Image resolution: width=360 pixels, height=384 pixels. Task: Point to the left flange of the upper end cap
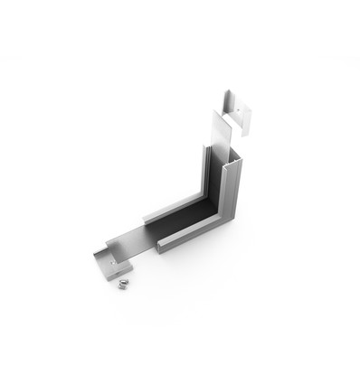click(225, 101)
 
